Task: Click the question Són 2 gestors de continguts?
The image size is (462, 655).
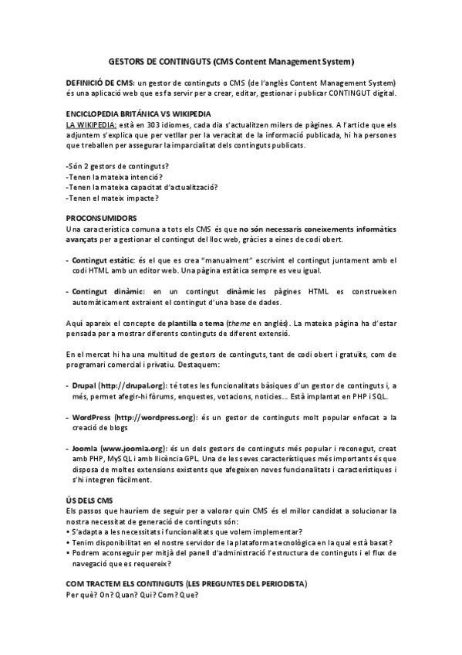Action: [x=118, y=166]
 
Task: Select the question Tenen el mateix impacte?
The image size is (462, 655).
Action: [x=113, y=198]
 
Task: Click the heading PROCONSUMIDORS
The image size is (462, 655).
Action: [x=102, y=218]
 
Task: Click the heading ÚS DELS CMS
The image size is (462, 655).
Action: [x=89, y=501]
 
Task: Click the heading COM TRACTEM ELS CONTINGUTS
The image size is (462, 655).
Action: [x=186, y=581]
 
